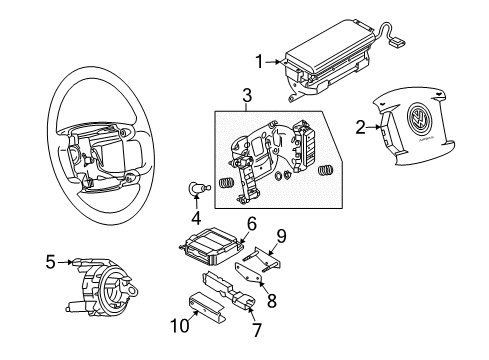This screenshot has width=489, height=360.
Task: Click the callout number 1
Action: (259, 62)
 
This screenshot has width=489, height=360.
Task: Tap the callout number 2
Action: (360, 127)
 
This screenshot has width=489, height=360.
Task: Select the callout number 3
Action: (247, 95)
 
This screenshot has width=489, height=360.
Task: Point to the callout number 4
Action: (196, 218)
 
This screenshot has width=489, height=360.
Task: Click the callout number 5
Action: (50, 262)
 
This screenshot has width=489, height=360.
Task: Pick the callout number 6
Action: (252, 223)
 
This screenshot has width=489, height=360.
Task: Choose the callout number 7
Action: (256, 330)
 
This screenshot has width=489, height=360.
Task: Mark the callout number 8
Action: (272, 300)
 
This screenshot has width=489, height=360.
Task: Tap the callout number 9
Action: (281, 236)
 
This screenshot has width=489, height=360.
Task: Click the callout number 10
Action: (180, 325)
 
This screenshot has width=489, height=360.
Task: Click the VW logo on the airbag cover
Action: (419, 118)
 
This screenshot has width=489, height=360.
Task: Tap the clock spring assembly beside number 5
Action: (103, 286)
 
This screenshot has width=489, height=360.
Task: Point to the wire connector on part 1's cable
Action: (397, 42)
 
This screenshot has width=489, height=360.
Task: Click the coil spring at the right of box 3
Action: (326, 171)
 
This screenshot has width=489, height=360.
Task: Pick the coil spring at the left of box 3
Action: (226, 184)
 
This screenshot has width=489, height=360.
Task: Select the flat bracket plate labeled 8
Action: (248, 272)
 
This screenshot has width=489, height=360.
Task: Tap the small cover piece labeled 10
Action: (207, 307)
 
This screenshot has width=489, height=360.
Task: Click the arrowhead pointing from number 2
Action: (377, 127)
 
